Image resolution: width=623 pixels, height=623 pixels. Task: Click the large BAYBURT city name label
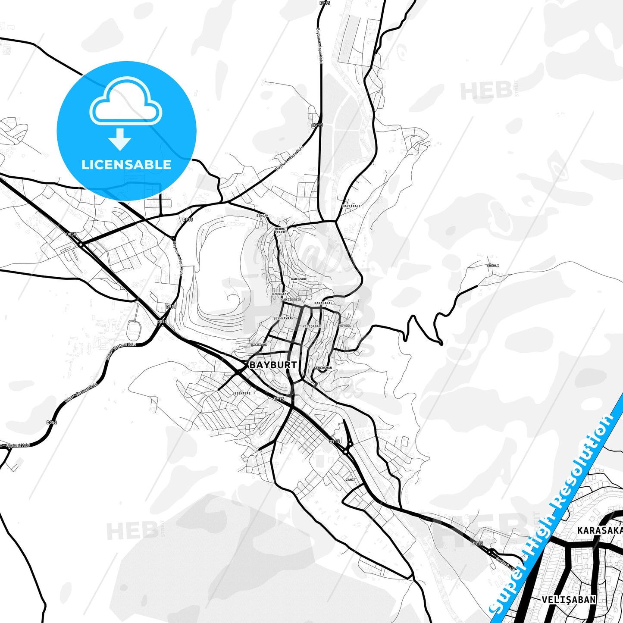[x=273, y=365]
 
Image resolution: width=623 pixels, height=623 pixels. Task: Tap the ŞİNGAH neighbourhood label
[x=262, y=216]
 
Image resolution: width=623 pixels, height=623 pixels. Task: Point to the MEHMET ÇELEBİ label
[x=281, y=230]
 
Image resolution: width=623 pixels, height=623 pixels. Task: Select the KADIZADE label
[x=299, y=279]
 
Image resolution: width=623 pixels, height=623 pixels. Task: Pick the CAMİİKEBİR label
[x=291, y=300]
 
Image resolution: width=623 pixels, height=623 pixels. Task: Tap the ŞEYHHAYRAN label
[x=283, y=318]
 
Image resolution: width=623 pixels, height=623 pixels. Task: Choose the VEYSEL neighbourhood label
[x=345, y=326]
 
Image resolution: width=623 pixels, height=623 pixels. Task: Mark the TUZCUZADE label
[x=258, y=344]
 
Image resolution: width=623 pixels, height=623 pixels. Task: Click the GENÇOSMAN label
[x=323, y=368]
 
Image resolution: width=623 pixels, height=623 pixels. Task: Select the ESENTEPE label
[x=242, y=393]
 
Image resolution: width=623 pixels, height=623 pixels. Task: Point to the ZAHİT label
[x=351, y=479]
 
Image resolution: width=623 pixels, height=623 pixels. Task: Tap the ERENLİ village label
[x=493, y=266]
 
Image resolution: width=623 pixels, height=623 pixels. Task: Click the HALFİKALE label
[x=351, y=206]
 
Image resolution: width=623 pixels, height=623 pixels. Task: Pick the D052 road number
[x=52, y=423]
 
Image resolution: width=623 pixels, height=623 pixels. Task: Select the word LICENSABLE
[x=126, y=164]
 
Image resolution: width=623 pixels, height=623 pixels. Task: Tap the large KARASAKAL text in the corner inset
[x=600, y=530]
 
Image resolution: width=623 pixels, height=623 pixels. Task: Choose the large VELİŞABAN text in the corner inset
[x=569, y=600]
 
